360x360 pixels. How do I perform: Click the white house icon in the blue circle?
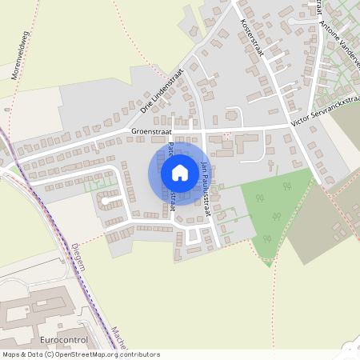pos(180,172)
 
